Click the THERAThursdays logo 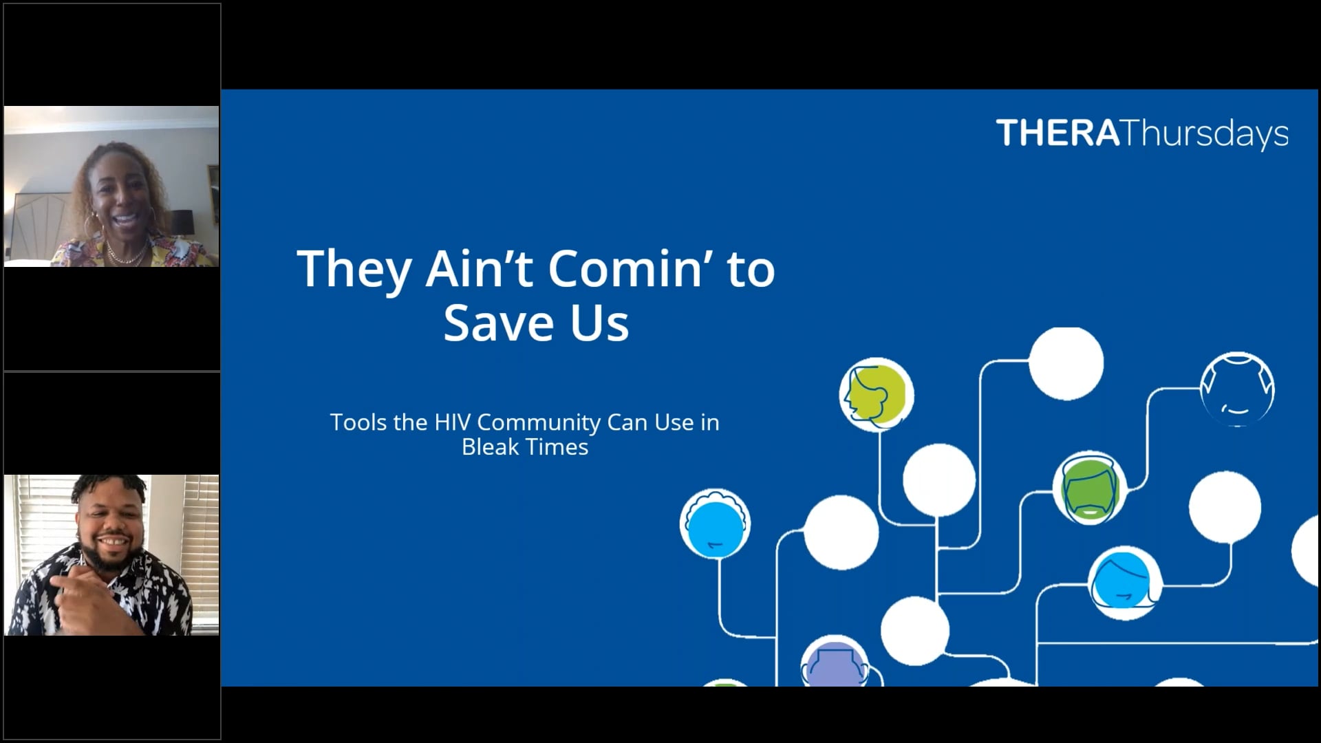click(x=1141, y=134)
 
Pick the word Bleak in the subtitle click(x=489, y=447)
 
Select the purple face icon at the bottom click(x=834, y=666)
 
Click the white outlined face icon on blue click(x=1237, y=389)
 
